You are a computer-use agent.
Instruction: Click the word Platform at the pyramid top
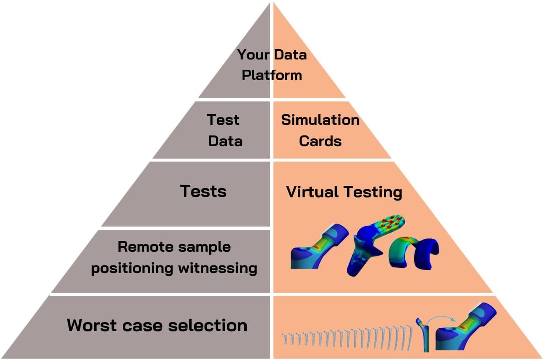271,75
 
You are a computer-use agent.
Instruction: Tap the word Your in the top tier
253,54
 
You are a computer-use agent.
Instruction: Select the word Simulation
320,120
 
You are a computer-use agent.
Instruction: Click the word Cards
320,141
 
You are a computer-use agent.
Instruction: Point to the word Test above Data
223,120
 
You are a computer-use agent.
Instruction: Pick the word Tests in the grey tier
203,191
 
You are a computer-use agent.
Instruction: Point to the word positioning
132,268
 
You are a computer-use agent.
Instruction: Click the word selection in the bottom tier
207,325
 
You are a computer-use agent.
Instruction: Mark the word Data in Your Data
290,54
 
